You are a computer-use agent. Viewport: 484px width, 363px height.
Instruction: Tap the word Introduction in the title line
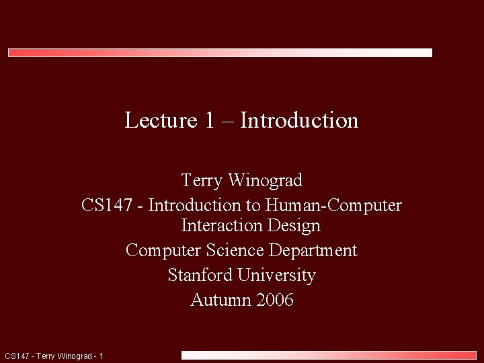[299, 120]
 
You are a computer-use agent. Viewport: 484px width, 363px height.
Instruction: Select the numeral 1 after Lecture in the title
[209, 120]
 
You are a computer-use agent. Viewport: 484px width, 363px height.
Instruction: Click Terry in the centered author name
[202, 180]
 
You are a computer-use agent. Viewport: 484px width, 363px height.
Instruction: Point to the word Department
[313, 251]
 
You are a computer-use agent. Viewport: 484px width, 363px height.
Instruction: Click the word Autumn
[220, 300]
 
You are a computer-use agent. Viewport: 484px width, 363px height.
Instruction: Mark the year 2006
[275, 300]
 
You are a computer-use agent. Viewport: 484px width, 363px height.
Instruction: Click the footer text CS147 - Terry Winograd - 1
[54, 356]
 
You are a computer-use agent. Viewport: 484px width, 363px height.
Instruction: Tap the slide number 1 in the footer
[101, 356]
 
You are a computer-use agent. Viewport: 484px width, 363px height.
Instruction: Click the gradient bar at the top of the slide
[220, 52]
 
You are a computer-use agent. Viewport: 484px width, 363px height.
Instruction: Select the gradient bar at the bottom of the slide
[329, 355]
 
